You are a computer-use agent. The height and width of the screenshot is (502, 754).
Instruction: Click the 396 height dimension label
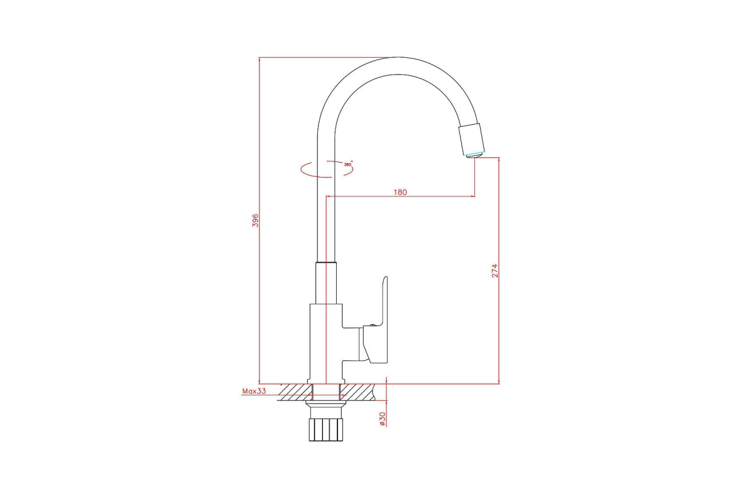pos(256,220)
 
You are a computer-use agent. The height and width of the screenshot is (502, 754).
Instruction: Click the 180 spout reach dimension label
pos(400,192)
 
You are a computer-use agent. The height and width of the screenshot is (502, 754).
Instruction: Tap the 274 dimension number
pos(494,270)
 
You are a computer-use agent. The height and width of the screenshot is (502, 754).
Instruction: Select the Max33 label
pos(254,391)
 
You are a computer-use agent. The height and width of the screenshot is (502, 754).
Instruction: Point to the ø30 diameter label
pos(382,419)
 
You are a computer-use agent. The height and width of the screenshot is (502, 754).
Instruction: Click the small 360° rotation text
pos(348,164)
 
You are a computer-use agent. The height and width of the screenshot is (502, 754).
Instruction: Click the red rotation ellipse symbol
pos(327,169)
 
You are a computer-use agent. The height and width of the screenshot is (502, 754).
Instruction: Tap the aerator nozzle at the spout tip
pos(472,140)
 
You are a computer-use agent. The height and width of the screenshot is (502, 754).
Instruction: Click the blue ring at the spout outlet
pos(474,154)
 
